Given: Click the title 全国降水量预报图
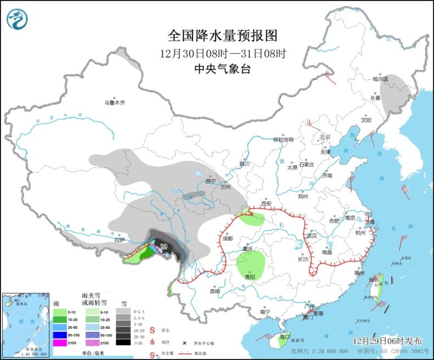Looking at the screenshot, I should [x=223, y=36].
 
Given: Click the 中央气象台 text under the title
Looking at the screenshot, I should [x=223, y=69].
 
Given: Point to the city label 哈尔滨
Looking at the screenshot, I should [x=380, y=79].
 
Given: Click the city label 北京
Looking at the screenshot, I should [x=325, y=137].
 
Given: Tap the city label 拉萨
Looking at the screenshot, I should [x=119, y=239].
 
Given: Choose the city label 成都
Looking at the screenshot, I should [x=228, y=238].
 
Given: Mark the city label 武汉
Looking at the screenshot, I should [x=312, y=235].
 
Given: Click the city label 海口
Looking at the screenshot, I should [x=284, y=336].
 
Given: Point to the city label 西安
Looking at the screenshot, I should [x=267, y=203].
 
